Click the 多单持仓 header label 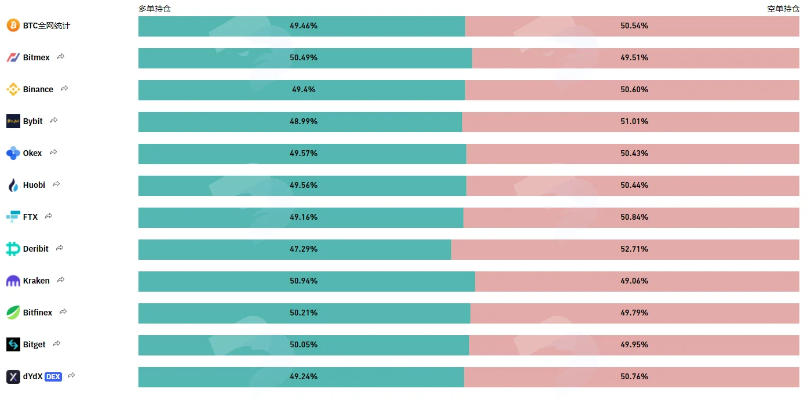tap(155, 9)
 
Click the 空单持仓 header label tap(783, 9)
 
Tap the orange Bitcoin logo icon tap(13, 26)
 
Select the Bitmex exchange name tap(36, 57)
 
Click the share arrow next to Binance tap(64, 88)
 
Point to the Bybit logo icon tap(13, 121)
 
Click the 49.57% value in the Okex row tap(304, 153)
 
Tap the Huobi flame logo tap(13, 185)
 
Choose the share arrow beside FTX tap(49, 216)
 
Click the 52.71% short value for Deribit tap(634, 249)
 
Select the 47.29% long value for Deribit tap(304, 249)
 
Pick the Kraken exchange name tap(36, 281)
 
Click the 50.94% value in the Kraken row tap(304, 281)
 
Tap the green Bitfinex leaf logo tap(13, 313)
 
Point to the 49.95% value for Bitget tap(634, 344)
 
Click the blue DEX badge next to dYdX tap(53, 376)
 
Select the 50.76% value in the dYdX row tap(634, 376)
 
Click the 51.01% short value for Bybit tap(634, 121)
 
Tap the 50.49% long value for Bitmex tap(304, 57)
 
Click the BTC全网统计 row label tap(46, 26)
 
